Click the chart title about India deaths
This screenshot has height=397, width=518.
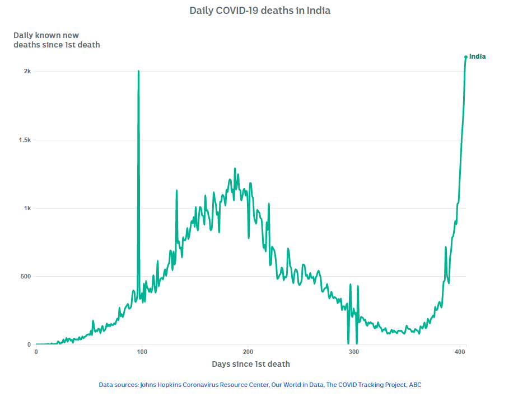(x=260, y=11)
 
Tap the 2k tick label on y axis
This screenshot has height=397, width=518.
(x=27, y=72)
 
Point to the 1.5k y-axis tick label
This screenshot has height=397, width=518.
(x=25, y=140)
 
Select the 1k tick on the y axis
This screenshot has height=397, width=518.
(x=27, y=208)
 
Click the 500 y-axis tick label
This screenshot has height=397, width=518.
(x=25, y=276)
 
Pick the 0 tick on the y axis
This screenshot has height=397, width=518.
(x=29, y=344)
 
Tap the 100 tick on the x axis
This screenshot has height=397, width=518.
(x=142, y=352)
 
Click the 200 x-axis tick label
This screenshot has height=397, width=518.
(x=248, y=352)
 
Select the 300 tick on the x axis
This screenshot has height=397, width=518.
(x=354, y=352)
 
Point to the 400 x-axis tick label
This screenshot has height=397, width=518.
(x=460, y=352)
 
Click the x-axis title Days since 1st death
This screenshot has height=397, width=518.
(x=251, y=364)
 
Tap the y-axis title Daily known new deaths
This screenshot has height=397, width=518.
(x=57, y=40)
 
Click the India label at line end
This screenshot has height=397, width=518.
(x=478, y=56)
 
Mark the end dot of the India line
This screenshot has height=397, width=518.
(x=466, y=56)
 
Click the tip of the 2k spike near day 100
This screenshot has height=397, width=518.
(x=138, y=72)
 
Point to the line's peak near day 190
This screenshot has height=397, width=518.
(x=235, y=169)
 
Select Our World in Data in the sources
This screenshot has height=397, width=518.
(x=297, y=385)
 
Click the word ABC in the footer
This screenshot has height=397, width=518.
(x=415, y=385)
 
